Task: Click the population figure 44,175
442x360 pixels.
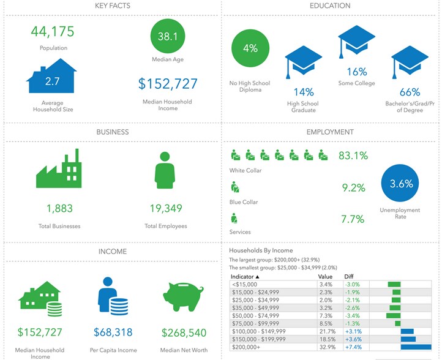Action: point(53,32)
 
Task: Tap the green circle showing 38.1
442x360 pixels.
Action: point(168,36)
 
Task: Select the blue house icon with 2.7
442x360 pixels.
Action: point(51,76)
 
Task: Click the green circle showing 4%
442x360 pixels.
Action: point(250,48)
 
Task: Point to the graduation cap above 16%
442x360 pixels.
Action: point(356,42)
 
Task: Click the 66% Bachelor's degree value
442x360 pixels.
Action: point(410,92)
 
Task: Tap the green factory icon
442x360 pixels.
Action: point(59,168)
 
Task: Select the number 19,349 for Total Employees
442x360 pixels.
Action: point(166,208)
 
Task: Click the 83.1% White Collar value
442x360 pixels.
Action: point(353,156)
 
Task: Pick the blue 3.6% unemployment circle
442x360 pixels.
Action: point(400,183)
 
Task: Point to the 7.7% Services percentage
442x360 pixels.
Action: point(353,219)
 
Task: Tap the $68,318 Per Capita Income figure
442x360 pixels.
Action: point(113,332)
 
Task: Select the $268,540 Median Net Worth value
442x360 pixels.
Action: point(184,332)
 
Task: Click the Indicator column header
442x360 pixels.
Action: point(245,277)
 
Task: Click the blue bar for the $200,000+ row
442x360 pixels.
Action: point(416,347)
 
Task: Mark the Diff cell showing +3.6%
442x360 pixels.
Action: point(353,339)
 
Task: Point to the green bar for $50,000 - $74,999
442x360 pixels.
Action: point(393,316)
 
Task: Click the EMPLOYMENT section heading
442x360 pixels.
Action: point(330,132)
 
